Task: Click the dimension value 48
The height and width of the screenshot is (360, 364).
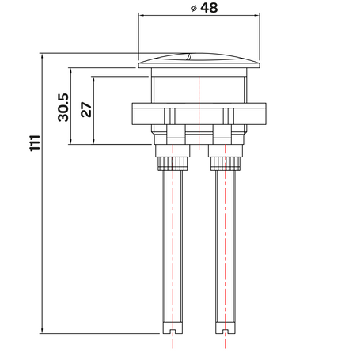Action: (209, 8)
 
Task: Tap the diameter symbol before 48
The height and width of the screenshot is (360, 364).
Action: (194, 9)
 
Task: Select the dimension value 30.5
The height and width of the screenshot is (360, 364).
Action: (63, 108)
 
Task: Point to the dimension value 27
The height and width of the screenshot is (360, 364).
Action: (86, 109)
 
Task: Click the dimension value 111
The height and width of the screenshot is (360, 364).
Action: (35, 143)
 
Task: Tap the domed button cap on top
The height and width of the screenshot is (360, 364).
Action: (199, 61)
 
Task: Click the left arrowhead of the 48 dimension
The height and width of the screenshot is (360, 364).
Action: (142, 15)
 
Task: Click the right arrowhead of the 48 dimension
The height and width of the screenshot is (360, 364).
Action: (256, 15)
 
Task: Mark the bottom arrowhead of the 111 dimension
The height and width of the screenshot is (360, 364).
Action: (42, 330)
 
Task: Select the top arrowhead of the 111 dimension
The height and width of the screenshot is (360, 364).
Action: (42, 57)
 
